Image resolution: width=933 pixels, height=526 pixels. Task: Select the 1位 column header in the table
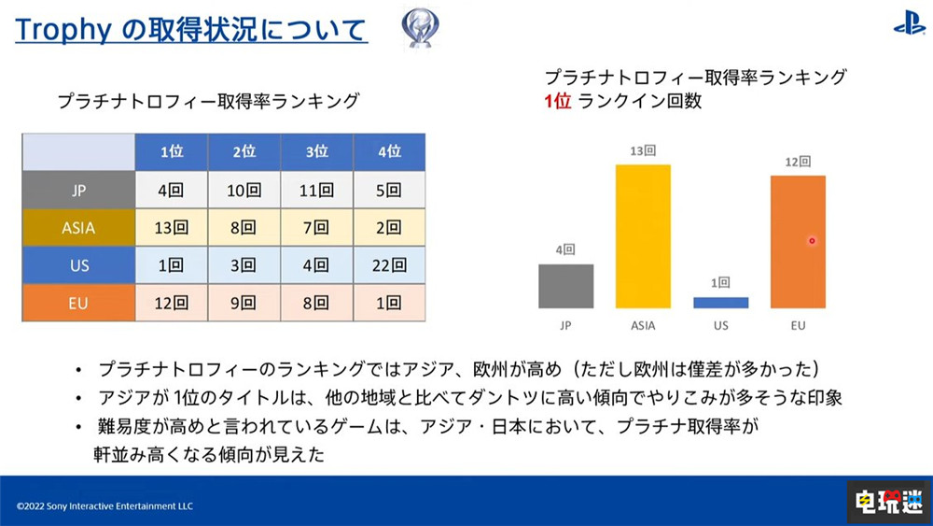(x=172, y=152)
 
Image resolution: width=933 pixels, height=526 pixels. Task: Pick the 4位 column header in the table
(x=389, y=152)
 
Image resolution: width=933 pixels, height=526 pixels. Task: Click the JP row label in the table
(x=78, y=190)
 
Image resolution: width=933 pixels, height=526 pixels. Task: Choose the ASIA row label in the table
(x=78, y=227)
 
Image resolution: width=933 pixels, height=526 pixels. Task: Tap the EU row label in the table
(x=78, y=303)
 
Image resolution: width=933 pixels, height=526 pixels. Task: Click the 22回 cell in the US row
(x=389, y=265)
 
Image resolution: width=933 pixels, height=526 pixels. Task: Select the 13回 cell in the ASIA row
(x=172, y=227)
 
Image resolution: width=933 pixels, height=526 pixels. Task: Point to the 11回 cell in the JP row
(x=316, y=190)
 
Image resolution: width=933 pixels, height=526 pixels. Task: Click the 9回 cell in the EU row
(x=244, y=303)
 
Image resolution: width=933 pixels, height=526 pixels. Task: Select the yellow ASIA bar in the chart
(x=643, y=236)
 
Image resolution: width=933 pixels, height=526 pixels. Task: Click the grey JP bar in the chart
(x=566, y=286)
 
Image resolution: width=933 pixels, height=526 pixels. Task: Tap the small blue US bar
(x=720, y=303)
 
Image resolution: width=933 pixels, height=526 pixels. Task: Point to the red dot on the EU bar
(x=812, y=241)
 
